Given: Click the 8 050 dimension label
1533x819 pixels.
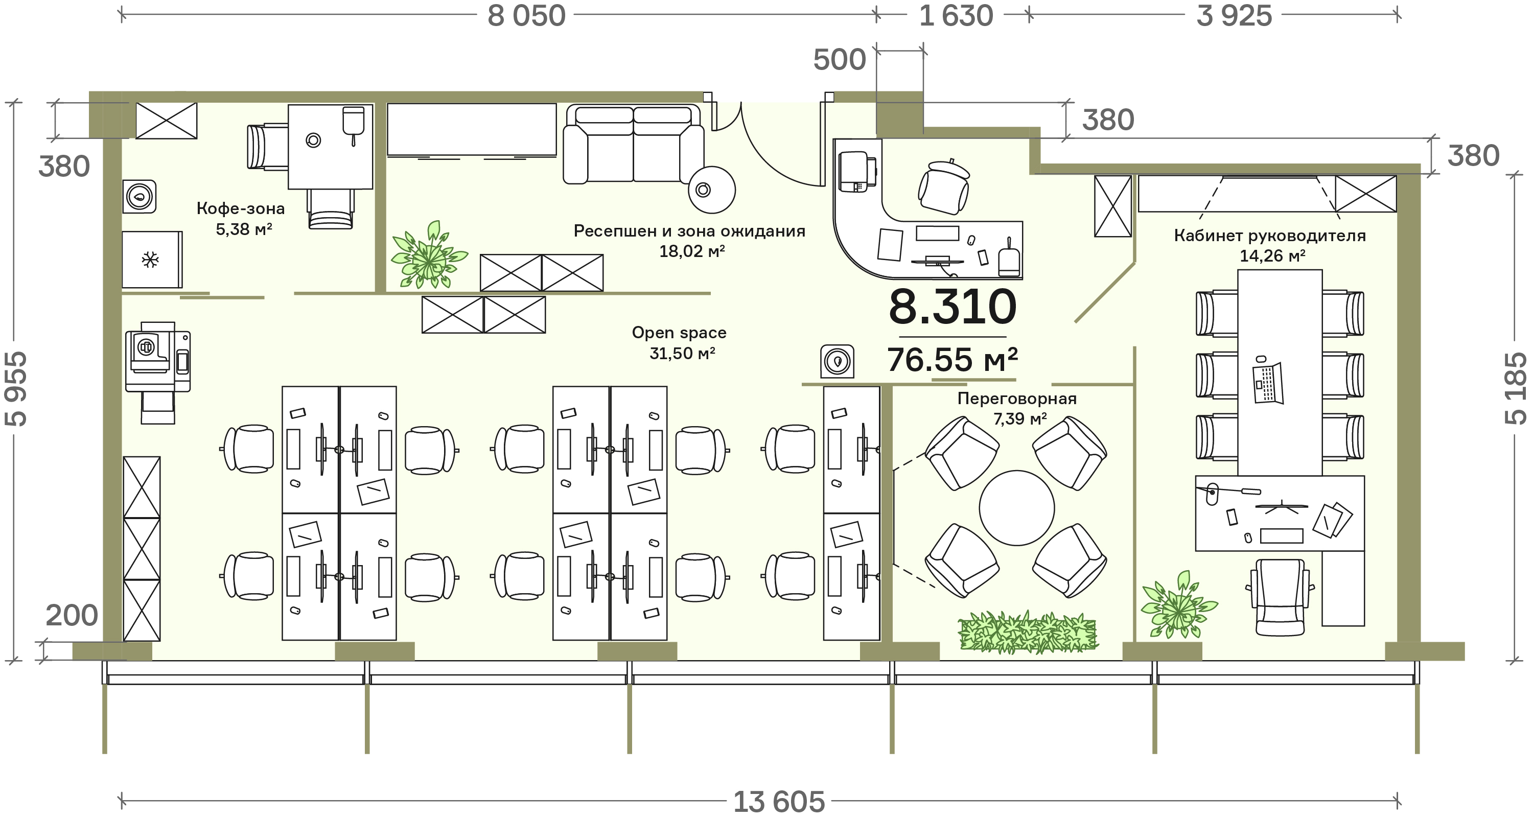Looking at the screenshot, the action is pyautogui.click(x=526, y=16).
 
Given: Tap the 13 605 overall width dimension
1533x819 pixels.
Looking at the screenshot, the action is pyautogui.click(x=778, y=802).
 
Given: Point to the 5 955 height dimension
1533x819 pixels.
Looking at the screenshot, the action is pyautogui.click(x=16, y=389).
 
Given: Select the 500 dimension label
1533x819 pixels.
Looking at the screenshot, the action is pyautogui.click(x=839, y=59).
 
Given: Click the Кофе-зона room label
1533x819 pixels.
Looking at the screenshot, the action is pyautogui.click(x=240, y=208).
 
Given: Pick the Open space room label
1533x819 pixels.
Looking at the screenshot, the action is pyautogui.click(x=679, y=332).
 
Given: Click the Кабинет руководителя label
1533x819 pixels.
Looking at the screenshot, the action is pyautogui.click(x=1269, y=235).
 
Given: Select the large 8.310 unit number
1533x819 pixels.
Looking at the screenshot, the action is pyautogui.click(x=952, y=307).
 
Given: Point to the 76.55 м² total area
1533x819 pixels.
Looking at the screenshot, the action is pyautogui.click(x=952, y=360).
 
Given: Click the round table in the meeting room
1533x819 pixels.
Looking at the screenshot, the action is pyautogui.click(x=1016, y=508).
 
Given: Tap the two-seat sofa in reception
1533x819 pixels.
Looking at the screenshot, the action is pyautogui.click(x=633, y=144).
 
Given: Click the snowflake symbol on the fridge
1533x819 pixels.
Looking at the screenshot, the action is pyautogui.click(x=150, y=260).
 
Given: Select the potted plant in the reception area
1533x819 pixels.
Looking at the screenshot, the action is pyautogui.click(x=429, y=256).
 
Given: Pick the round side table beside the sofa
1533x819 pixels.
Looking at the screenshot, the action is pyautogui.click(x=711, y=190).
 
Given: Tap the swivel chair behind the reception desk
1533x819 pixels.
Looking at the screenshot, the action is pyautogui.click(x=944, y=186).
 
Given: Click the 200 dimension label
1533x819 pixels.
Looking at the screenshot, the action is pyautogui.click(x=72, y=616).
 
